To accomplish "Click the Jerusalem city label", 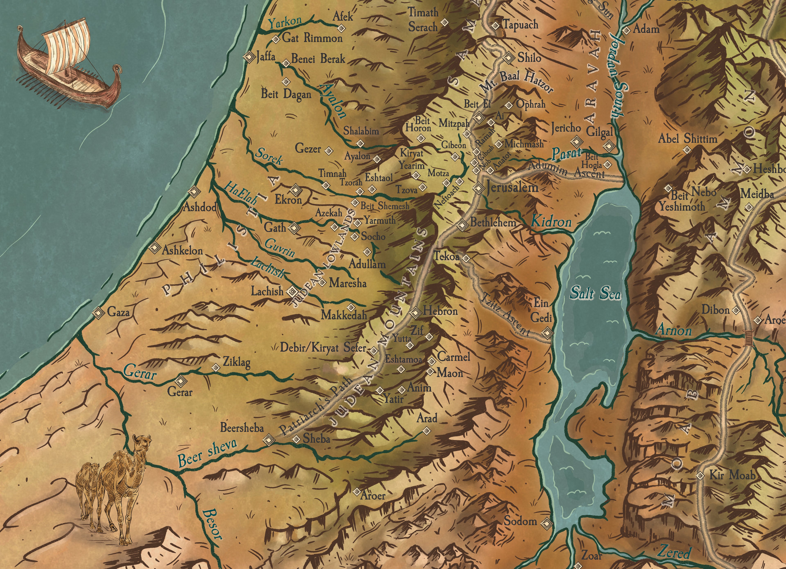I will [512, 188].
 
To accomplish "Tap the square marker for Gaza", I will [98, 313].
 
